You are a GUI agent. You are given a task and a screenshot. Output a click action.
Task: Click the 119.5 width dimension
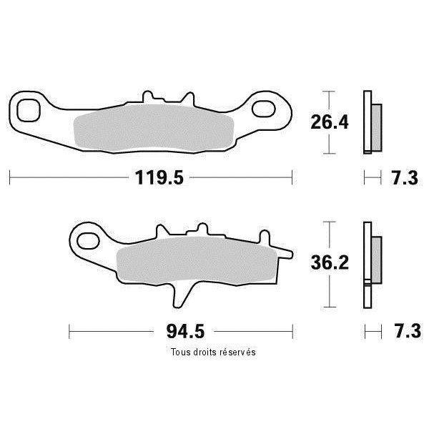(159, 177)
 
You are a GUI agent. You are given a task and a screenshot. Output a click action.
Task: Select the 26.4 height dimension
(330, 122)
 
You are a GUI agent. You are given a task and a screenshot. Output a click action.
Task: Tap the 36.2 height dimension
(330, 262)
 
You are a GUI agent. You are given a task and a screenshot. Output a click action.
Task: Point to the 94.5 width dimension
(185, 331)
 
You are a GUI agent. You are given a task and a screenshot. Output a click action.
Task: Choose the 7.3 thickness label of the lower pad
(408, 331)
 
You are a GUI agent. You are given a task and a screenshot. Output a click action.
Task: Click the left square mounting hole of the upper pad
(29, 110)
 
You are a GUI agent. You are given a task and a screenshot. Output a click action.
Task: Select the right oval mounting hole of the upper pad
(263, 109)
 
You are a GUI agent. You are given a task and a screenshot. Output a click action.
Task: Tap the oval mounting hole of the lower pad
(88, 241)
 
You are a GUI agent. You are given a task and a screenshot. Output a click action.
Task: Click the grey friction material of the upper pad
(154, 128)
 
